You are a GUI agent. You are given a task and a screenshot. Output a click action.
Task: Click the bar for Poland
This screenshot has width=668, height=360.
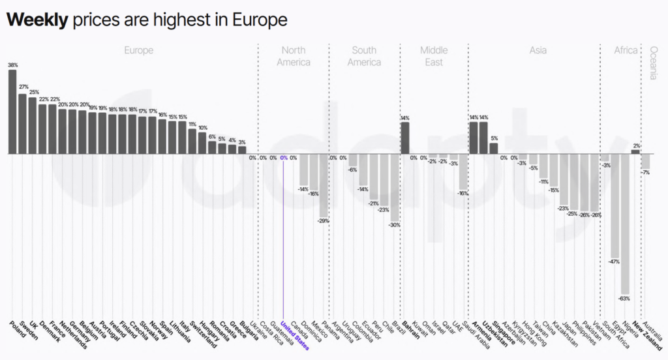tap(12, 112)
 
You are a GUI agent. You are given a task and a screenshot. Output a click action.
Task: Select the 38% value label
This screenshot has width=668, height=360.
tap(12, 65)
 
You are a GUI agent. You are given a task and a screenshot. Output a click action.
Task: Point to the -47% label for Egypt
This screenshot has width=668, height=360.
tap(615, 262)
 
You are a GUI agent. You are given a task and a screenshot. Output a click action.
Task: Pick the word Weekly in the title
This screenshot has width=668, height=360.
tap(37, 20)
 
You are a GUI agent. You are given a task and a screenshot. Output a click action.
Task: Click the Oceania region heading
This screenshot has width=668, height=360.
tap(654, 63)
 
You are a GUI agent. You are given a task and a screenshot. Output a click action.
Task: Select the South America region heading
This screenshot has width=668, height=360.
tap(364, 56)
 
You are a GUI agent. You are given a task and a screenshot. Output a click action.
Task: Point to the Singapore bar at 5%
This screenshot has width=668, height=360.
tap(494, 148)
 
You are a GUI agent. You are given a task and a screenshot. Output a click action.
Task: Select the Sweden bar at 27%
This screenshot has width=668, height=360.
tap(22, 124)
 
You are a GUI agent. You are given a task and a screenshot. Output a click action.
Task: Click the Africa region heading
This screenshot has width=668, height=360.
tap(625, 50)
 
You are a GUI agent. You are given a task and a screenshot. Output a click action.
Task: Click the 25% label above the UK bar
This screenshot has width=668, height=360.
tap(33, 92)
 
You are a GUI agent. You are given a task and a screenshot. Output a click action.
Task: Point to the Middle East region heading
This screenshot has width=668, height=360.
tap(434, 56)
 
